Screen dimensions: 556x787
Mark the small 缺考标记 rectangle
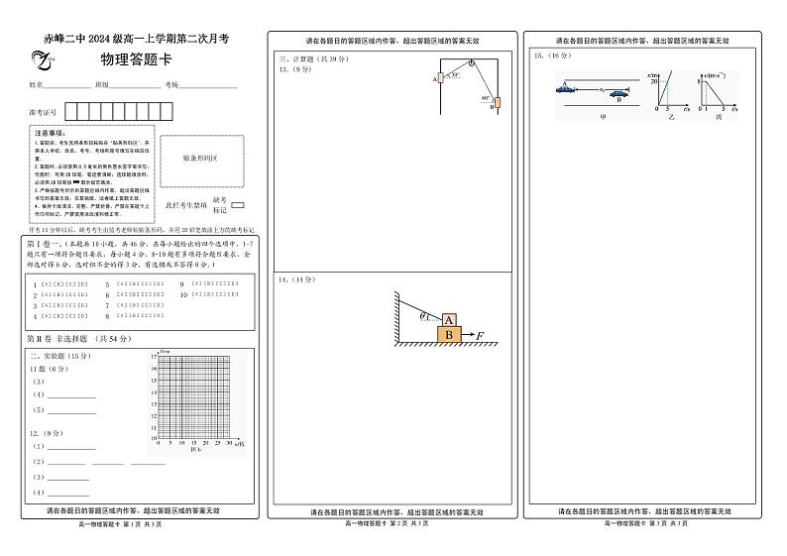point(238,205)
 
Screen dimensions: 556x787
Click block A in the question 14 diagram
point(448,320)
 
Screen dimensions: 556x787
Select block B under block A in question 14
point(449,336)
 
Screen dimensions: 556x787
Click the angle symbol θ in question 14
point(422,316)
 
